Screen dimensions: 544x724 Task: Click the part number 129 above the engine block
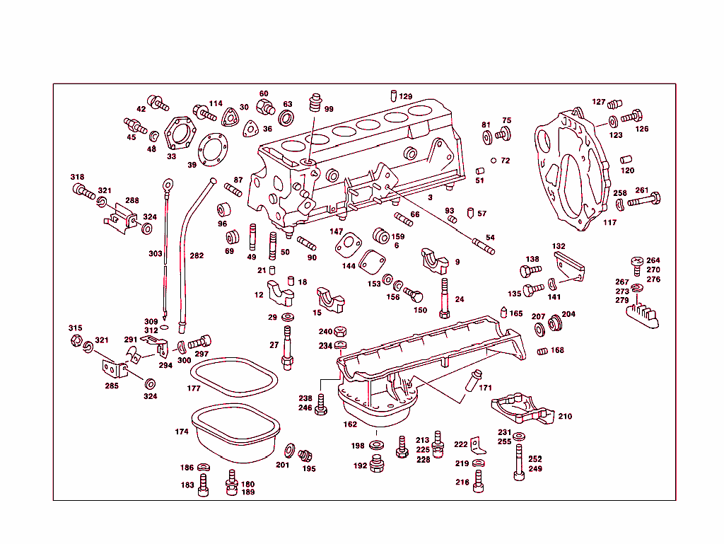tap(405, 97)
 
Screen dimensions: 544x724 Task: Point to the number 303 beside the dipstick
tap(155, 253)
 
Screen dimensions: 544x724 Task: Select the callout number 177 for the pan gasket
tap(193, 388)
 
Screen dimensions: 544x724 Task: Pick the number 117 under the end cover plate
tap(609, 223)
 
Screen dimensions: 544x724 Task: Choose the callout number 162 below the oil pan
tap(350, 425)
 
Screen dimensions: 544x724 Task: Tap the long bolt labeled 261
tap(643, 200)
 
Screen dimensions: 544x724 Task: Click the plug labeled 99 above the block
tap(315, 104)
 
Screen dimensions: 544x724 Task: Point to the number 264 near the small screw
tap(653, 260)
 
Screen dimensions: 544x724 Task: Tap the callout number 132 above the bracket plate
tap(559, 246)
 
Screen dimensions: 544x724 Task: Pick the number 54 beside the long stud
tap(490, 237)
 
